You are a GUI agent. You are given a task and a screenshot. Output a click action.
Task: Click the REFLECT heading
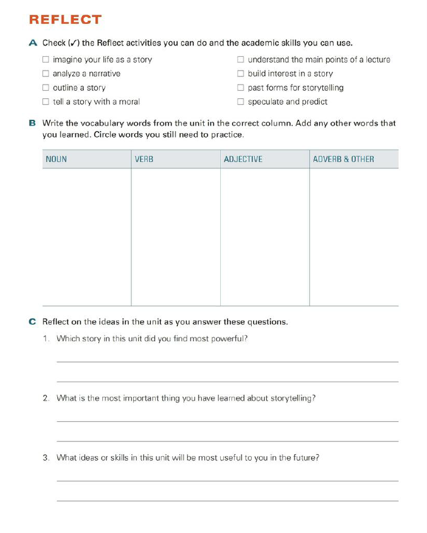[65, 20]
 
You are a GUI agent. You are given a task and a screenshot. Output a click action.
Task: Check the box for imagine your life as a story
[45, 60]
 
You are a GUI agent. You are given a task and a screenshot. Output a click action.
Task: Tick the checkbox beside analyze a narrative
[45, 74]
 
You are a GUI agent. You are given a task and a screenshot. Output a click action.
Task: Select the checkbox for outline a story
[45, 88]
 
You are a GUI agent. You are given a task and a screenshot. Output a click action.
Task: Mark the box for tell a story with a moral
[45, 102]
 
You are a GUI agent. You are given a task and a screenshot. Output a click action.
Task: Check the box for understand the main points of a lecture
[240, 60]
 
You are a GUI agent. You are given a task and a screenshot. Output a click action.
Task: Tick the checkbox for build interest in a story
[240, 74]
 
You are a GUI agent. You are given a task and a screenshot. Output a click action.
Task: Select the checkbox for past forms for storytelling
[240, 88]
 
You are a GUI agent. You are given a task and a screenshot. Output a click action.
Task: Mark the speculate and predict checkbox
[240, 102]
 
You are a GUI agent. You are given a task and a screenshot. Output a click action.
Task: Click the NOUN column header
[56, 160]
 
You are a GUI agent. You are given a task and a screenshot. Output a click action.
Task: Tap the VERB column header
[144, 160]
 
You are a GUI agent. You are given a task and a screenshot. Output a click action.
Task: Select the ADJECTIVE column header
[243, 160]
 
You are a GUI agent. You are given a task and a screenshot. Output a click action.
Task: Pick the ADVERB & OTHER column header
[343, 160]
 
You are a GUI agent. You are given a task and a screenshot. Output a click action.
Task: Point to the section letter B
[33, 124]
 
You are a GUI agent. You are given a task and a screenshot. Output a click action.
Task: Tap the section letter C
[33, 322]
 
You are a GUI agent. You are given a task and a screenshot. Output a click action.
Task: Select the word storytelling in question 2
[291, 398]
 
